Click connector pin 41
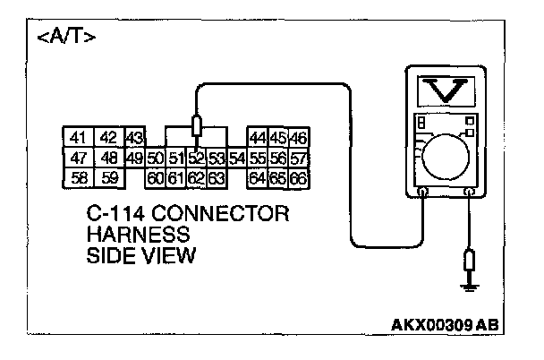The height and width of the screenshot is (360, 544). coord(78,137)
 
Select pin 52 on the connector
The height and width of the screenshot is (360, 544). coord(197,159)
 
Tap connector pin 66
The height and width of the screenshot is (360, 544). coord(299,177)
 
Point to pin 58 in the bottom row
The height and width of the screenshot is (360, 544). coord(78,177)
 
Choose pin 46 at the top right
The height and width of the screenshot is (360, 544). coord(299,137)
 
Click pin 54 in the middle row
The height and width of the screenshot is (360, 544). coord(237,159)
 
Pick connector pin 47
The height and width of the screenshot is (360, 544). coord(78,158)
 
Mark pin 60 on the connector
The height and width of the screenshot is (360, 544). coord(156,177)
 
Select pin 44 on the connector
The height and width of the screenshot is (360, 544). coord(258,137)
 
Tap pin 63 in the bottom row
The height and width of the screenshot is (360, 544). coord(216,177)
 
